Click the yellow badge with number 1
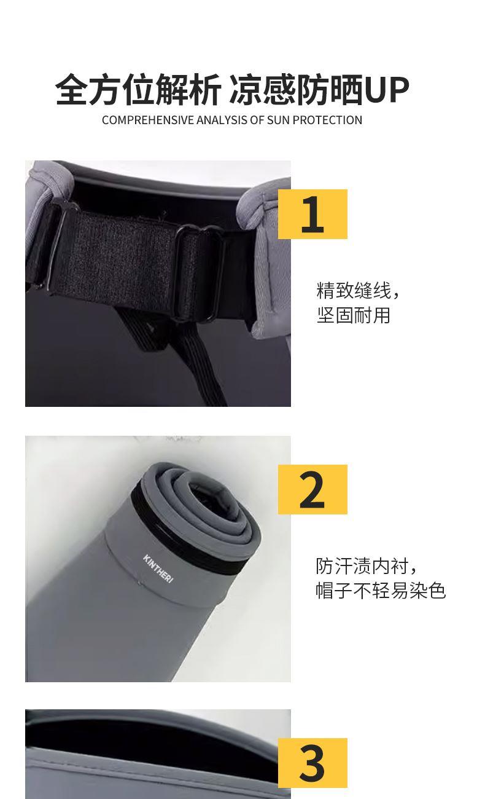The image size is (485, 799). (312, 214)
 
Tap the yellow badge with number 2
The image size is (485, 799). (312, 489)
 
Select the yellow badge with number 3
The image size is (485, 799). (312, 763)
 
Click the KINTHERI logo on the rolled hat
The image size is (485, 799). (158, 569)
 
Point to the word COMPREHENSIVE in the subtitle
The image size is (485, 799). (148, 120)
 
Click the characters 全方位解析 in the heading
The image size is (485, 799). (138, 90)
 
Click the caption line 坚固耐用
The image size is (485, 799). (354, 315)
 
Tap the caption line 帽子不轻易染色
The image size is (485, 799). (381, 590)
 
